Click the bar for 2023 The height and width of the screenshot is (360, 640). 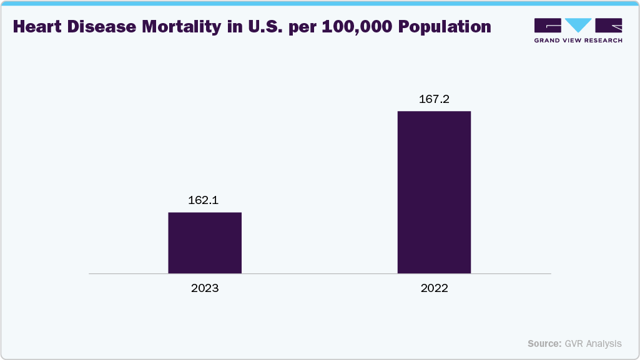coord(205,243)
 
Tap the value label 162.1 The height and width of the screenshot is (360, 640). coord(204,201)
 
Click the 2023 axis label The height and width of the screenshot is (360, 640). coord(205,289)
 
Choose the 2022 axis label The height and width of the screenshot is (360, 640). coord(435,289)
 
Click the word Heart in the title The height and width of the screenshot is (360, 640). coord(37,27)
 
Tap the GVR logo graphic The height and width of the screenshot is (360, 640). coord(578,25)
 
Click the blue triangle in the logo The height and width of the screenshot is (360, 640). coord(578,25)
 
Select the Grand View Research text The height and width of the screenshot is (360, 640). coord(578,41)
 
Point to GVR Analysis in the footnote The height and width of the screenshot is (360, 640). coord(593,344)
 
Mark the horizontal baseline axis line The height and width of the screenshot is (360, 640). coord(320,273)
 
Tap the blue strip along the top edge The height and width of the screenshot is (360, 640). coord(320,2)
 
